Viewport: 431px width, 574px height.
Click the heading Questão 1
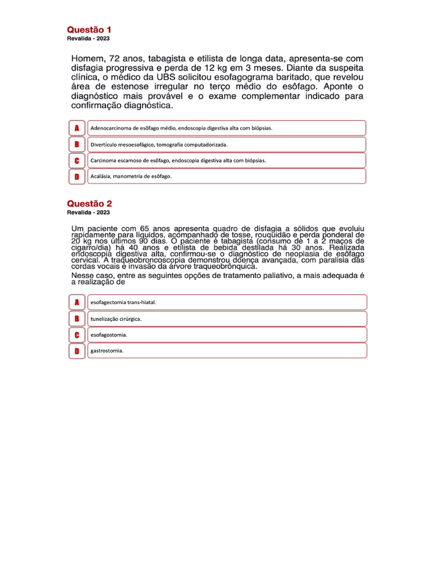click(89, 29)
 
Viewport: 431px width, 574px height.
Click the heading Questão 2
click(89, 203)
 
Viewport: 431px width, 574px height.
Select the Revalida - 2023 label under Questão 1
click(88, 39)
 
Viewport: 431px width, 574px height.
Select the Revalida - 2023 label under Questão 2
click(88, 212)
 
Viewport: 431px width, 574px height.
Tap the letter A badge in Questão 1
click(77, 128)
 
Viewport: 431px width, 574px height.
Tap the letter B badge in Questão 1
click(77, 144)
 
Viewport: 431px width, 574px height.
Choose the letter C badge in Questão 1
click(77, 160)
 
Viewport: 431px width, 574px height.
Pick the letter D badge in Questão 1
click(77, 176)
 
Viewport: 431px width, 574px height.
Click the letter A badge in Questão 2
click(77, 302)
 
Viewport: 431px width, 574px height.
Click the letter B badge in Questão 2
click(77, 318)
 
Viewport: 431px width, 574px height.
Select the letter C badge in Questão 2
click(77, 335)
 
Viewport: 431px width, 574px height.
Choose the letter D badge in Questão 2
click(77, 351)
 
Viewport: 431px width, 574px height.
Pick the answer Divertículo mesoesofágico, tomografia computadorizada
click(159, 144)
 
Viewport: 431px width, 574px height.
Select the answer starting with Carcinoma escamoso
click(178, 160)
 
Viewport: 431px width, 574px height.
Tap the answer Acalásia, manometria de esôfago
click(131, 176)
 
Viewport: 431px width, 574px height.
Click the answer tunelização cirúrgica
click(116, 318)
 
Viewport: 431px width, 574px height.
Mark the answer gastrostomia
click(107, 351)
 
